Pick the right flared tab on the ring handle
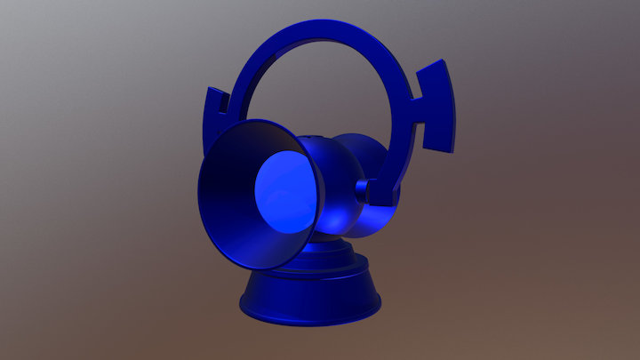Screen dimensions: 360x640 coord(438,107)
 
